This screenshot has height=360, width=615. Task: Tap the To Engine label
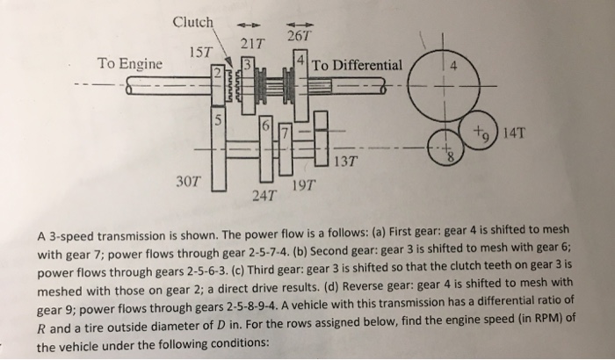[x=129, y=64]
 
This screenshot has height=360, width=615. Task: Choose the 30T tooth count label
[x=189, y=181]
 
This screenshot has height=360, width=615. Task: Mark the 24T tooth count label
[x=264, y=193]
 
